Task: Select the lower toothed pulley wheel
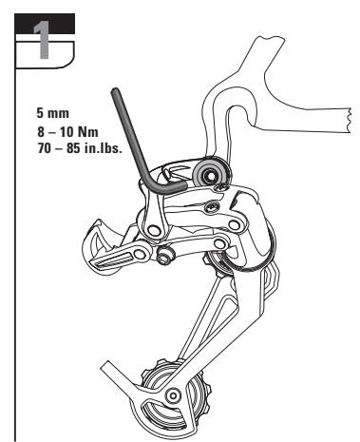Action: [180, 399]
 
